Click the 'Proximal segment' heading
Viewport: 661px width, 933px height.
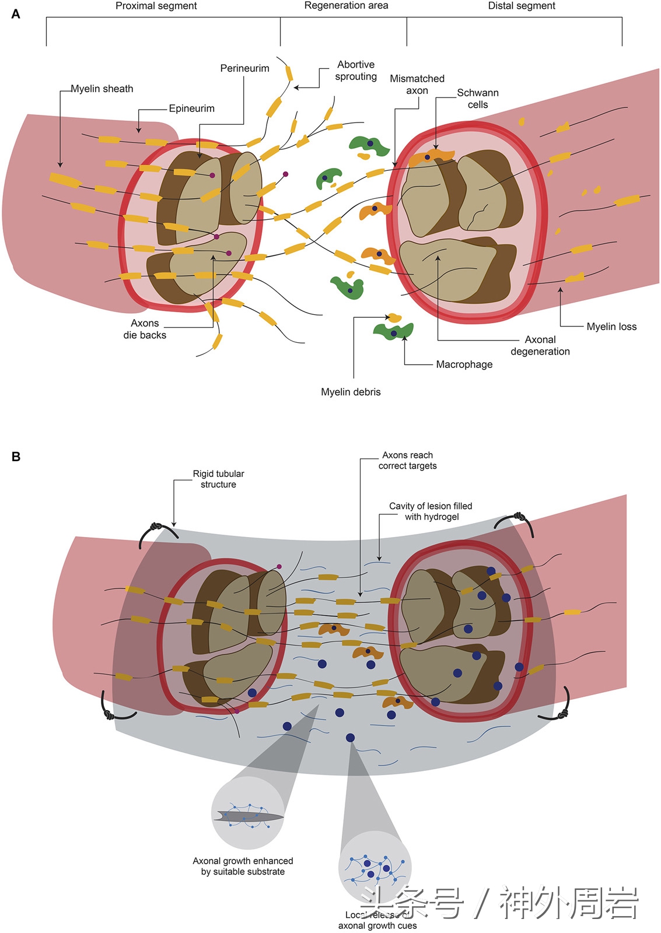click(156, 6)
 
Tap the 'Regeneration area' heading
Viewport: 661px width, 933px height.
click(346, 6)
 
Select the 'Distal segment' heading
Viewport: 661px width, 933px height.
click(521, 6)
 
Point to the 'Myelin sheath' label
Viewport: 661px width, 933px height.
click(102, 89)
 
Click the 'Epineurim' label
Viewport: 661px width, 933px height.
click(191, 108)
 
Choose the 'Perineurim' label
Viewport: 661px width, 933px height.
click(244, 68)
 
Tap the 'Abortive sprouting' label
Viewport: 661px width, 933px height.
click(356, 71)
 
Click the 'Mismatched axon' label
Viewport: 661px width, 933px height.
click(417, 85)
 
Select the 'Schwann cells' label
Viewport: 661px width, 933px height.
click(478, 99)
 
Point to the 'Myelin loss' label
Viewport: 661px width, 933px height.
click(611, 327)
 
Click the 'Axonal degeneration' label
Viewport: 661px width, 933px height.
click(540, 345)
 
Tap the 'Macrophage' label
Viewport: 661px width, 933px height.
click(464, 364)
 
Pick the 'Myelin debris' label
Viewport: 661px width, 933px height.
click(351, 392)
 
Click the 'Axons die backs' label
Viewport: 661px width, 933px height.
click(145, 329)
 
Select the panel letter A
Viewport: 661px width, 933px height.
click(16, 14)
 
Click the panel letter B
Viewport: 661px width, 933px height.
click(16, 457)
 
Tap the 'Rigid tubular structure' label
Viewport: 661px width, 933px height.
click(218, 479)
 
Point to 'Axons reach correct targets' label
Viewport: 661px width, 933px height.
click(407, 460)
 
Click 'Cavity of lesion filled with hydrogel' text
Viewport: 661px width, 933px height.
click(431, 511)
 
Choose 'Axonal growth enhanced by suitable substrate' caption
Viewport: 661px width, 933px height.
click(243, 866)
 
